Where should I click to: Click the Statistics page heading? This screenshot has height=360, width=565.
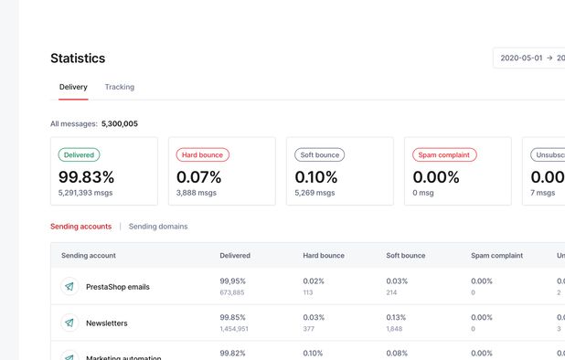[x=78, y=58]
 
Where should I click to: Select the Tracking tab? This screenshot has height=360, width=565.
[x=119, y=87]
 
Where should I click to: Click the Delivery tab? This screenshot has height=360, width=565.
[x=73, y=87]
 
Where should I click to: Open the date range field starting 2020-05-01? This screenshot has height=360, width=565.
[x=528, y=58]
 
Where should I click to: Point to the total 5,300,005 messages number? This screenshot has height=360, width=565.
[x=119, y=123]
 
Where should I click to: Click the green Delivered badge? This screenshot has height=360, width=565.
[x=80, y=155]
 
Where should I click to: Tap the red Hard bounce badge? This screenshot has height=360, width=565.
[x=202, y=155]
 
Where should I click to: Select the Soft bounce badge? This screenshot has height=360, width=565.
[x=319, y=155]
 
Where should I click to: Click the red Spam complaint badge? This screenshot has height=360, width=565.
[x=444, y=155]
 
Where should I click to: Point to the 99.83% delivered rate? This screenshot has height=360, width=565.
[x=87, y=177]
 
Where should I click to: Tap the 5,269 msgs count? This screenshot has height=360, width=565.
[x=314, y=193]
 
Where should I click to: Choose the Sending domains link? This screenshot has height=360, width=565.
[x=158, y=227]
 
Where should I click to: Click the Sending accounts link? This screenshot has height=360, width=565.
[x=80, y=227]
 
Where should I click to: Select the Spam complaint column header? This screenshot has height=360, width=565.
[x=496, y=256]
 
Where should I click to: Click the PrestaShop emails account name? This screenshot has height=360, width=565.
[x=118, y=287]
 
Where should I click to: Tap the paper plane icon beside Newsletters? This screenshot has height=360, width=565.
[x=69, y=323]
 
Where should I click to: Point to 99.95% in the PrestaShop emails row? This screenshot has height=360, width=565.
[x=232, y=281]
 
